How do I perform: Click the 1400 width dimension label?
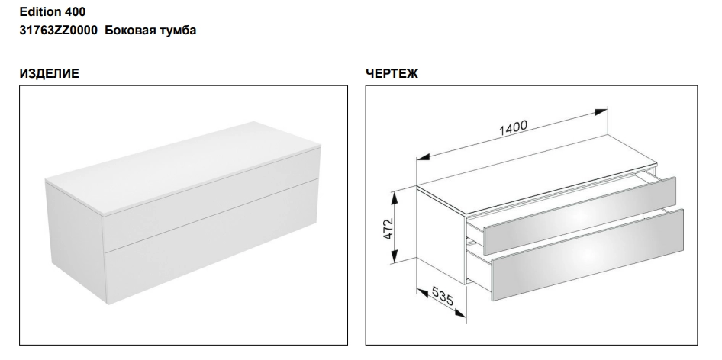pos(513,127)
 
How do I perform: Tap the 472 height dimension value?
pos(388,228)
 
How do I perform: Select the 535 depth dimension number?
pos(443,296)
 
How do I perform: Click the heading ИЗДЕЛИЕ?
pos(50,74)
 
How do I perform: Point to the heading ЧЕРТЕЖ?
pos(392,74)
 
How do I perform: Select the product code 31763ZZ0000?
pos(59,31)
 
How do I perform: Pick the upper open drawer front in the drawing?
pos(580,215)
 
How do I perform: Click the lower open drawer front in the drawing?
pos(587,255)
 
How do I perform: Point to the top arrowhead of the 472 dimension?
pos(394,199)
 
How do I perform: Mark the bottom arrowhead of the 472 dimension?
pos(394,256)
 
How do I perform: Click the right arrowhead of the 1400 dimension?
pos(601,112)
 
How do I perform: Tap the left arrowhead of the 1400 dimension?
pos(424,157)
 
